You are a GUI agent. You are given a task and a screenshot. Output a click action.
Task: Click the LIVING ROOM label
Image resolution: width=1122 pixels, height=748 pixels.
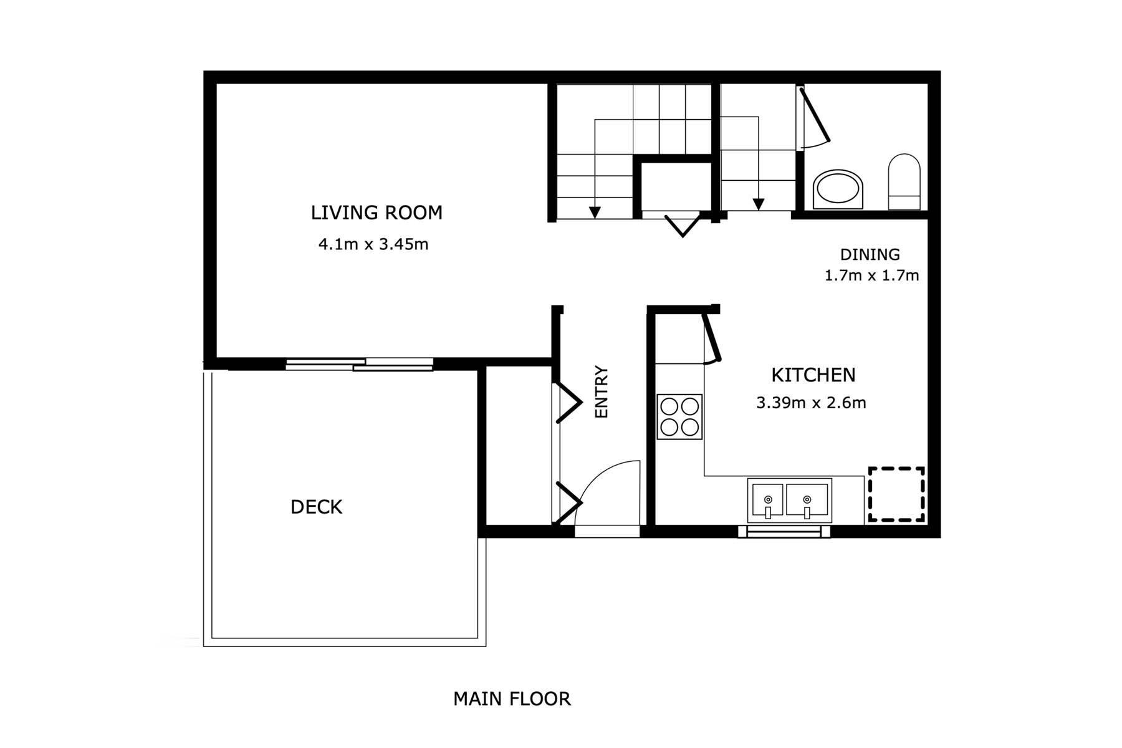(376, 213)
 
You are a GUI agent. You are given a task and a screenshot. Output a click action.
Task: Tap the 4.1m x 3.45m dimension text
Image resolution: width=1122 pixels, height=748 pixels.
(373, 244)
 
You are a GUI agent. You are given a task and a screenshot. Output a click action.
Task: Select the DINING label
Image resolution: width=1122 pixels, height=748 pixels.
(870, 254)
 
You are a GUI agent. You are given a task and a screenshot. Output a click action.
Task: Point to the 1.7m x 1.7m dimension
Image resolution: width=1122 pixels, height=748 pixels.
(871, 276)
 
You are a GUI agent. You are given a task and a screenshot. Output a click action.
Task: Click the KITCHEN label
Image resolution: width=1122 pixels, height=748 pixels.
(813, 375)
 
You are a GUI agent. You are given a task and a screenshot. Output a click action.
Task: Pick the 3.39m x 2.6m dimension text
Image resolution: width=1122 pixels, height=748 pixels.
(811, 403)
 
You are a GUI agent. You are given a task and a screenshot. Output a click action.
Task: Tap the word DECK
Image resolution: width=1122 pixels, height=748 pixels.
(316, 507)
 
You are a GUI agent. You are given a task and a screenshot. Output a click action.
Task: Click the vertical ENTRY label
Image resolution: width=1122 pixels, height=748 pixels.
(602, 391)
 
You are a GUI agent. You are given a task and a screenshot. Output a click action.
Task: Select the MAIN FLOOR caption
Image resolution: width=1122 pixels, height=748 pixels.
(511, 699)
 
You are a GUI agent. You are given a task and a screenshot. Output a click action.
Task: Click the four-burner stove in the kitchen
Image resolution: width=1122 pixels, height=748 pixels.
(679, 416)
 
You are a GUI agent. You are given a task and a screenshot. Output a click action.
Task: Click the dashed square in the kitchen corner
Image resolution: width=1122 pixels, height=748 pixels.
(896, 494)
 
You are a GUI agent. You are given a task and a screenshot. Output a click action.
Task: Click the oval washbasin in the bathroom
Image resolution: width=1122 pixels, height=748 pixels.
(839, 188)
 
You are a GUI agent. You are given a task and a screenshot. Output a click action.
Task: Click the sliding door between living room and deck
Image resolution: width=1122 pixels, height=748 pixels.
(360, 365)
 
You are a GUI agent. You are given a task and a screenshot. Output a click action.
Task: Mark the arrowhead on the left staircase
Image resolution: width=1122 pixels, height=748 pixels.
(595, 212)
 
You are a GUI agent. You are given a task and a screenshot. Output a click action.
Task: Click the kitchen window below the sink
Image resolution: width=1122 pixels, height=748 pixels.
(784, 532)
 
